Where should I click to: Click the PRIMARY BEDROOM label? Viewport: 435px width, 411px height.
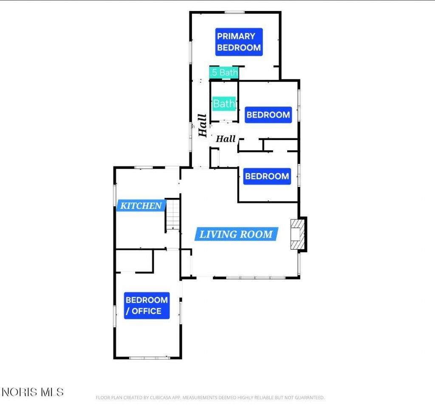[239, 42]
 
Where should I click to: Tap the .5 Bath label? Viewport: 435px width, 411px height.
[224, 73]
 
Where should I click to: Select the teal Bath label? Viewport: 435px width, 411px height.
[224, 104]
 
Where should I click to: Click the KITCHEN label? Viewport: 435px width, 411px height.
[141, 205]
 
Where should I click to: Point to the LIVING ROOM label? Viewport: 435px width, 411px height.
[236, 234]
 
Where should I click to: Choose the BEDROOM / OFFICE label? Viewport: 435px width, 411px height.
[147, 305]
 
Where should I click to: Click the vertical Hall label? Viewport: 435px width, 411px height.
[203, 125]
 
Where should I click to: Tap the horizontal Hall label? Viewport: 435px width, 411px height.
[226, 139]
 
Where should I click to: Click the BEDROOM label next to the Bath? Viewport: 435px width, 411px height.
[268, 115]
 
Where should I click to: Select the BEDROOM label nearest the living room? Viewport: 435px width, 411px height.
[267, 176]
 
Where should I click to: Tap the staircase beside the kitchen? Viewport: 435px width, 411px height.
[173, 215]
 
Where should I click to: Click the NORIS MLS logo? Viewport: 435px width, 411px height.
[33, 392]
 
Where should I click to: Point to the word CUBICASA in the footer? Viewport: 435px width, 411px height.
[161, 398]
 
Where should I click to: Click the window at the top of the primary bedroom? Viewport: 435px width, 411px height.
[234, 12]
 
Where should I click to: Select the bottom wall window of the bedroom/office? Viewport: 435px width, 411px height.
[150, 358]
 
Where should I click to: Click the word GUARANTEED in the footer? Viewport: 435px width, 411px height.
[309, 398]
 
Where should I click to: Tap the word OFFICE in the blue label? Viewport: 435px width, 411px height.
[147, 311]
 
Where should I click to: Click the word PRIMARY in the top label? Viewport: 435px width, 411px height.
[236, 37]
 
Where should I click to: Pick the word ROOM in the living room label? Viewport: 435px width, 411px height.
[256, 234]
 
